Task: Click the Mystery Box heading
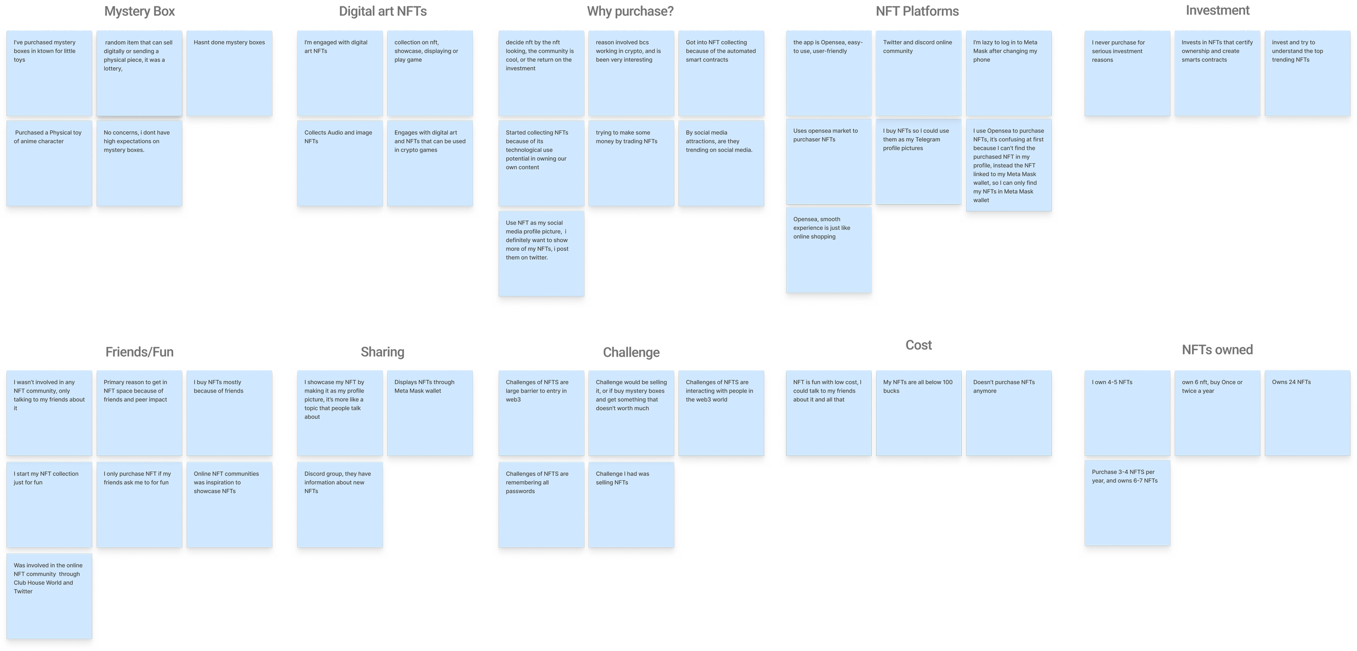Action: tap(139, 12)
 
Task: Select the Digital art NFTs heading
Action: tap(383, 11)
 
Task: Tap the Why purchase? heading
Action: tap(630, 11)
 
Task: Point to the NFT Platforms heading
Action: tap(917, 12)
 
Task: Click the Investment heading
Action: tap(1218, 11)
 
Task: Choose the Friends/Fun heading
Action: tap(140, 352)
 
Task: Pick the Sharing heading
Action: tap(382, 352)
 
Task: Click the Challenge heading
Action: tap(631, 352)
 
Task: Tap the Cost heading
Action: tap(918, 345)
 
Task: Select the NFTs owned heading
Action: tap(1217, 350)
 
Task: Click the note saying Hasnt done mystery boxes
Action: tap(229, 73)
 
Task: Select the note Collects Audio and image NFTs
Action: tap(340, 163)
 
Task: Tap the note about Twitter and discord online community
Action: tap(918, 73)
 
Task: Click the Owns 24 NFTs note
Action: tap(1307, 413)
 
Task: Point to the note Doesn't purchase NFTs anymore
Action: tap(1009, 413)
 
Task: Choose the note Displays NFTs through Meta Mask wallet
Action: tap(430, 413)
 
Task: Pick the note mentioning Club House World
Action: tap(49, 596)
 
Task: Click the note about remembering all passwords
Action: tap(541, 504)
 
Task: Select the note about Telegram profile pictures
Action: tap(918, 161)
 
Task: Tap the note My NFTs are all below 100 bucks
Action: tap(918, 413)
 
